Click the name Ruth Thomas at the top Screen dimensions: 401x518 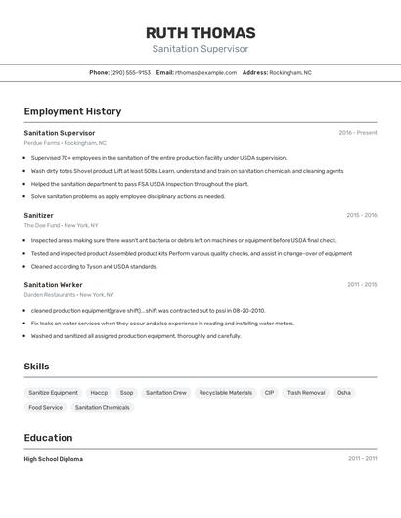200,32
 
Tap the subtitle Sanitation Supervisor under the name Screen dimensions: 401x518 200,49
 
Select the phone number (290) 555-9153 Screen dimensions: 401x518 130,72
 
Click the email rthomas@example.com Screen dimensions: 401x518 205,72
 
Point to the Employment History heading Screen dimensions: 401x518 72,111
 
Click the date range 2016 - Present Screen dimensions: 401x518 357,133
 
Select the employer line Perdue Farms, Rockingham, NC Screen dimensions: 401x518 65,143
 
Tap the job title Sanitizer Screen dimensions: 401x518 38,215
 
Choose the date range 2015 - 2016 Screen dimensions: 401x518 361,215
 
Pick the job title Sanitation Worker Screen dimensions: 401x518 53,284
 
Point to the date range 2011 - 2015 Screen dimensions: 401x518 361,284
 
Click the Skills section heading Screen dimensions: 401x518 36,367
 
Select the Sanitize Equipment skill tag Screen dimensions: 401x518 53,392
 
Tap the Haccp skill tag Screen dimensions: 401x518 99,392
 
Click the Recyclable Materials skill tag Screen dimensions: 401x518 226,392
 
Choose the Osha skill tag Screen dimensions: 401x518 344,392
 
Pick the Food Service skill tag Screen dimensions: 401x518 45,407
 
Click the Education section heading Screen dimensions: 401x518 48,438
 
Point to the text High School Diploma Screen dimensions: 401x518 53,459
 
